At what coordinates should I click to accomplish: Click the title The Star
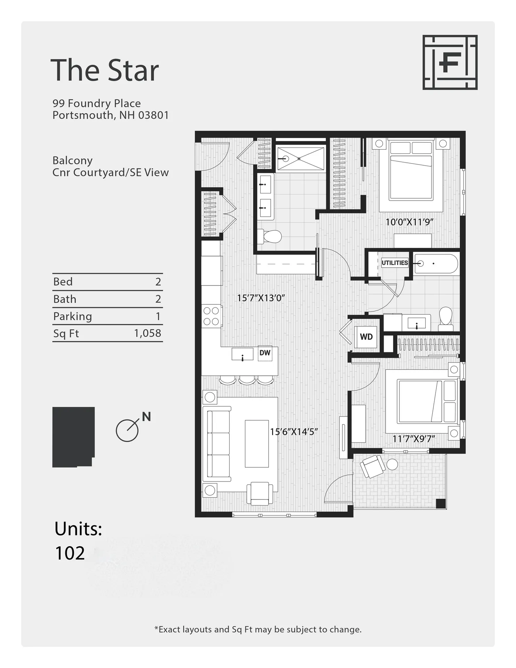click(x=104, y=71)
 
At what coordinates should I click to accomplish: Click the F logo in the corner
click(x=450, y=62)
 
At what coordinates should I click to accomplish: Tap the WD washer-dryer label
click(x=366, y=337)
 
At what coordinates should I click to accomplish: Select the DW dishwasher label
click(x=265, y=353)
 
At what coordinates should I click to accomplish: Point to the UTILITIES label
click(x=395, y=263)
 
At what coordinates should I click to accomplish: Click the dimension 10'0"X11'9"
click(x=409, y=222)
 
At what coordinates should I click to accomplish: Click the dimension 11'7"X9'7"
click(x=413, y=439)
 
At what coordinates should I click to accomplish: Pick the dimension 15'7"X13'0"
click(x=261, y=298)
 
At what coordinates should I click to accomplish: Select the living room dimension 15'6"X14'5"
click(x=294, y=432)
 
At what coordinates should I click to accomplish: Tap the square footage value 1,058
click(x=148, y=333)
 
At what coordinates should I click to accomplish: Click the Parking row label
click(x=72, y=316)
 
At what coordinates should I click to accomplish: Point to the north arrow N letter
click(x=146, y=416)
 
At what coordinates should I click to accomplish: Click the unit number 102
click(x=70, y=553)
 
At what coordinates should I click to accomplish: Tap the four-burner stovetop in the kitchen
click(x=211, y=316)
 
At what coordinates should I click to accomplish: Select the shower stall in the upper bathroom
click(x=301, y=159)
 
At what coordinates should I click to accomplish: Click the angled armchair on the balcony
click(x=372, y=466)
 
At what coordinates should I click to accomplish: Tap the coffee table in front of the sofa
click(x=257, y=444)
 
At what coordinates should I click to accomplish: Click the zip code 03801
click(x=153, y=115)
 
